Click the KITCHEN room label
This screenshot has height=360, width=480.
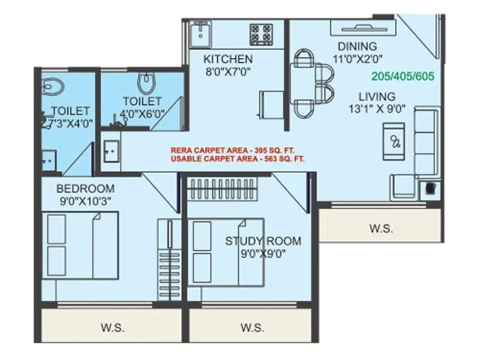227,59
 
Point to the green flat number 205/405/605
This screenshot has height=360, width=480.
403,77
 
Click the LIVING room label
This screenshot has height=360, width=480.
377,96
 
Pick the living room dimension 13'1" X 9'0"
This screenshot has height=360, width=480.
378,109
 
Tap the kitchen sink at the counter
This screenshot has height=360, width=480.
199,34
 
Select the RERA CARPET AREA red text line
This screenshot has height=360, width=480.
233,150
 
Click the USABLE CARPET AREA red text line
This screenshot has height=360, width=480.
238,159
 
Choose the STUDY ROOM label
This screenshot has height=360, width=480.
263,241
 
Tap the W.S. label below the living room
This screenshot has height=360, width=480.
381,228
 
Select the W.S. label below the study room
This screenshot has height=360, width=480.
252,328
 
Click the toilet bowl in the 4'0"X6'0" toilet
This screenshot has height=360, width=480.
145,82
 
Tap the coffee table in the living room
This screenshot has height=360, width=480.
395,142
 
